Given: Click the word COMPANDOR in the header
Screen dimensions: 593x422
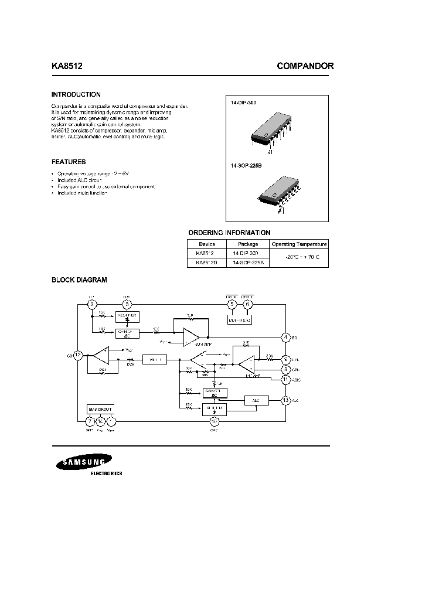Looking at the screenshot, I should (305, 67).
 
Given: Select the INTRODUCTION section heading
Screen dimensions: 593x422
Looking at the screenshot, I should (76, 94).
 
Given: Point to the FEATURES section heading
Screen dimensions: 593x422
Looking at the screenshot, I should (69, 162).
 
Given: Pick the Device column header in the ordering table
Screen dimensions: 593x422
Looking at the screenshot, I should (207, 244).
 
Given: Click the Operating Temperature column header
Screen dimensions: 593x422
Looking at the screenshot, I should (299, 244).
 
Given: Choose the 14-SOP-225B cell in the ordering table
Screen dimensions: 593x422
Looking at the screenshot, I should (248, 263).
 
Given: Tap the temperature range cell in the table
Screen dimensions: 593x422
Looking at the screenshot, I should (299, 258).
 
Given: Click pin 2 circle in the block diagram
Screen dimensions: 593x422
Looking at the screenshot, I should (93, 304).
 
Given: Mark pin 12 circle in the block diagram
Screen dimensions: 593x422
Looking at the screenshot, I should (78, 355).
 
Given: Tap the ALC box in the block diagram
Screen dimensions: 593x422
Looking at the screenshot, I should (256, 400).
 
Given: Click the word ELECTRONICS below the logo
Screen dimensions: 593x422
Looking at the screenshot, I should (107, 473).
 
